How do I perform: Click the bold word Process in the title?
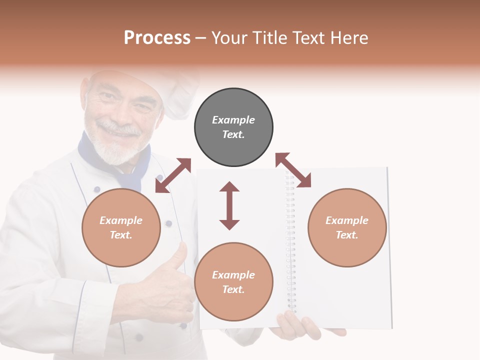pyautogui.click(x=157, y=38)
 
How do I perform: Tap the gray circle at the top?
pyautogui.click(x=233, y=127)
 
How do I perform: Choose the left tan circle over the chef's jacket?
pyautogui.click(x=121, y=227)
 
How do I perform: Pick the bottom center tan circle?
pyautogui.click(x=233, y=281)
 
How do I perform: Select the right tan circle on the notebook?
pyautogui.click(x=347, y=227)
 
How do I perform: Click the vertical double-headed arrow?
pyautogui.click(x=229, y=205)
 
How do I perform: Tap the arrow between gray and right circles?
pyautogui.click(x=293, y=170)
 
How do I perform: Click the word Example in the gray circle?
pyautogui.click(x=233, y=120)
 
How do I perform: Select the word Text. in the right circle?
pyautogui.click(x=346, y=235)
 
